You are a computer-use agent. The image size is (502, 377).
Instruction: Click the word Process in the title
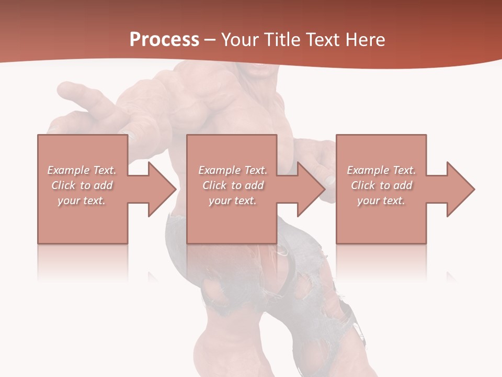[164, 40]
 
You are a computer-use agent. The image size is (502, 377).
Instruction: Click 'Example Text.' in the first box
[82, 170]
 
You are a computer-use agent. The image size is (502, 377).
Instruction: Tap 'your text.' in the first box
[82, 201]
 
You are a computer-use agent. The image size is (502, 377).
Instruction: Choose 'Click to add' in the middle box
[233, 185]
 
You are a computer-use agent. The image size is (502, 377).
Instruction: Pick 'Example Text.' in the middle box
[233, 170]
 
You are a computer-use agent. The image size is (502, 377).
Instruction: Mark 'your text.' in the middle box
[233, 201]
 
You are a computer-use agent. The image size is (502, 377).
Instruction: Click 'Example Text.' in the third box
[381, 170]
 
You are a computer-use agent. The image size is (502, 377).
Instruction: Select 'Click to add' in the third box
[381, 185]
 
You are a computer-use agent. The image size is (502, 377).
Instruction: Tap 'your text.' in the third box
[381, 201]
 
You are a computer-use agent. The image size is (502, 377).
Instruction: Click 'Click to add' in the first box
[82, 185]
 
